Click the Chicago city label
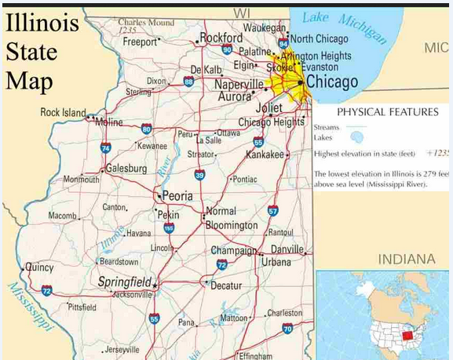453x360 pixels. (332, 82)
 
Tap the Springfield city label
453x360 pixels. (124, 282)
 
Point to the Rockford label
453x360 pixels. (221, 38)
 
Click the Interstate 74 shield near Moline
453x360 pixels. (106, 147)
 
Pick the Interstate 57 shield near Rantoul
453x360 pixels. (272, 211)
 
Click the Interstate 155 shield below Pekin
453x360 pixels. (169, 228)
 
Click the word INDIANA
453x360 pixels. (407, 260)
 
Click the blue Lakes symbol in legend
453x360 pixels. (357, 137)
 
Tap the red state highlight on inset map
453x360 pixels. (406, 335)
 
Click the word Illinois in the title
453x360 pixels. (42, 23)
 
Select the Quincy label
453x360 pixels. (39, 267)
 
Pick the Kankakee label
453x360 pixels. (264, 155)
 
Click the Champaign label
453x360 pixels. (234, 251)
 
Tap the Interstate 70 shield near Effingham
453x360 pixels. (287, 329)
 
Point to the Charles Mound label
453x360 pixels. (146, 23)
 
